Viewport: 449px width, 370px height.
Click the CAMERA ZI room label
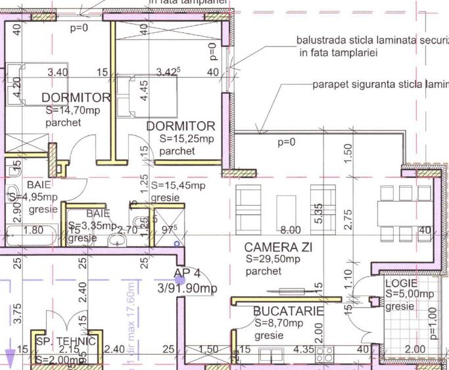pyautogui.click(x=278, y=247)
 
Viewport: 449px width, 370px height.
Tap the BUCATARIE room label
pyautogui.click(x=289, y=311)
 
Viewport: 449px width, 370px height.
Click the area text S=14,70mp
pyautogui.click(x=72, y=110)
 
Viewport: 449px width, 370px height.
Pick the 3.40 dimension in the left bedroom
pyautogui.click(x=59, y=72)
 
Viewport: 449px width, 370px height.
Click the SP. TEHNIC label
pyautogui.click(x=66, y=341)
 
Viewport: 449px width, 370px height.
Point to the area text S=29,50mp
pyautogui.click(x=273, y=259)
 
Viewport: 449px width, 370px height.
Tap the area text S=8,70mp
pyautogui.click(x=279, y=323)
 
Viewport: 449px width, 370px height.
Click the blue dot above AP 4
pyautogui.click(x=177, y=243)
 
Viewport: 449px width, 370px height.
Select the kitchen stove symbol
pyautogui.click(x=323, y=355)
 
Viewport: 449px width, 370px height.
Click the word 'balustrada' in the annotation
pyautogui.click(x=322, y=40)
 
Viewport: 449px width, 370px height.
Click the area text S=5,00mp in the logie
pyautogui.click(x=410, y=294)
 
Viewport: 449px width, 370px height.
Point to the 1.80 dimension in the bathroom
pyautogui.click(x=33, y=230)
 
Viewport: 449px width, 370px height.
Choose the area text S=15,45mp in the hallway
pyautogui.click(x=178, y=186)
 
